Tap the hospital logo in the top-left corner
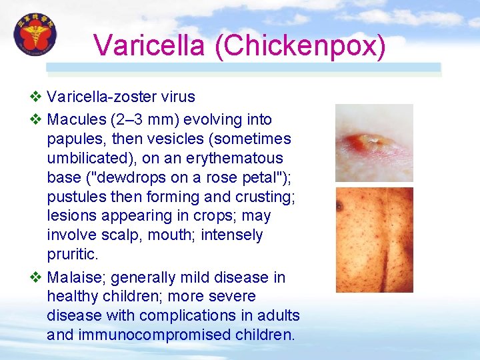(x=35, y=35)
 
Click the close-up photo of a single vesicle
(x=373, y=143)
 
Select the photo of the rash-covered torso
(x=373, y=240)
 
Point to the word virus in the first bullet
(x=177, y=97)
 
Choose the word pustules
(x=75, y=197)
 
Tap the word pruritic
(x=71, y=255)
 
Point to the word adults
(x=279, y=315)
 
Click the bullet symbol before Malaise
(x=36, y=277)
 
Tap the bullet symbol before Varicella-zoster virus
(x=36, y=97)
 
